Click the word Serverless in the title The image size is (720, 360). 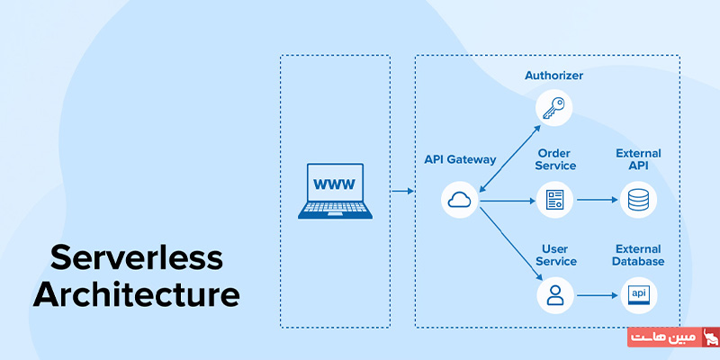pos(135,257)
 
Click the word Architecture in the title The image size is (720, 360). pos(137,295)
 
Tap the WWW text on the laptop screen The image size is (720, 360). pos(334,185)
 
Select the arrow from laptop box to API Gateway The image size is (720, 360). pos(401,191)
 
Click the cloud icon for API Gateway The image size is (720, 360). pos(459,200)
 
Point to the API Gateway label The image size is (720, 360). pos(460,159)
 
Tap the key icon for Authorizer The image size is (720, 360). pos(553,109)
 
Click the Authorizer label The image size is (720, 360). pos(553,76)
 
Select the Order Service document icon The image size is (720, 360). pos(554,200)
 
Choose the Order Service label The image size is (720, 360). pos(555,159)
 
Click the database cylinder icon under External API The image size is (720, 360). pos(638,200)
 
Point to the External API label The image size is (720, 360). pos(638,159)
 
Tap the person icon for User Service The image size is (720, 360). pos(554,294)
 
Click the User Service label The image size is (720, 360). pos(554,255)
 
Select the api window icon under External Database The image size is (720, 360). pos(638,294)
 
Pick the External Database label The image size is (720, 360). pos(638,255)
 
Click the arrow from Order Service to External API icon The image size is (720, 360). pos(596,200)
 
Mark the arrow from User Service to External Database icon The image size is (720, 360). pos(596,294)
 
